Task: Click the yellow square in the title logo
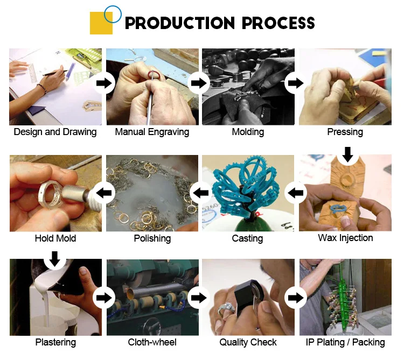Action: (101, 23)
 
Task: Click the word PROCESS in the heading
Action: (278, 23)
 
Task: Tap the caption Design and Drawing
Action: (55, 132)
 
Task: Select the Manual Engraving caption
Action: (152, 132)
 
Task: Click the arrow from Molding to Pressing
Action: (295, 83)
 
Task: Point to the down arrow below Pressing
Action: (348, 154)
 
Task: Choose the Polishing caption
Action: (152, 238)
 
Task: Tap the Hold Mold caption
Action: (55, 238)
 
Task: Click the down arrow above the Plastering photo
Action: (54, 259)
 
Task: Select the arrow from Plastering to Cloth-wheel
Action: (104, 298)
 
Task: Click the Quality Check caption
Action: (248, 342)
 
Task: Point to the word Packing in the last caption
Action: (368, 342)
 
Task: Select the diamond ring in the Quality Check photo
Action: (226, 309)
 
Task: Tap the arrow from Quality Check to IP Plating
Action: (295, 298)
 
